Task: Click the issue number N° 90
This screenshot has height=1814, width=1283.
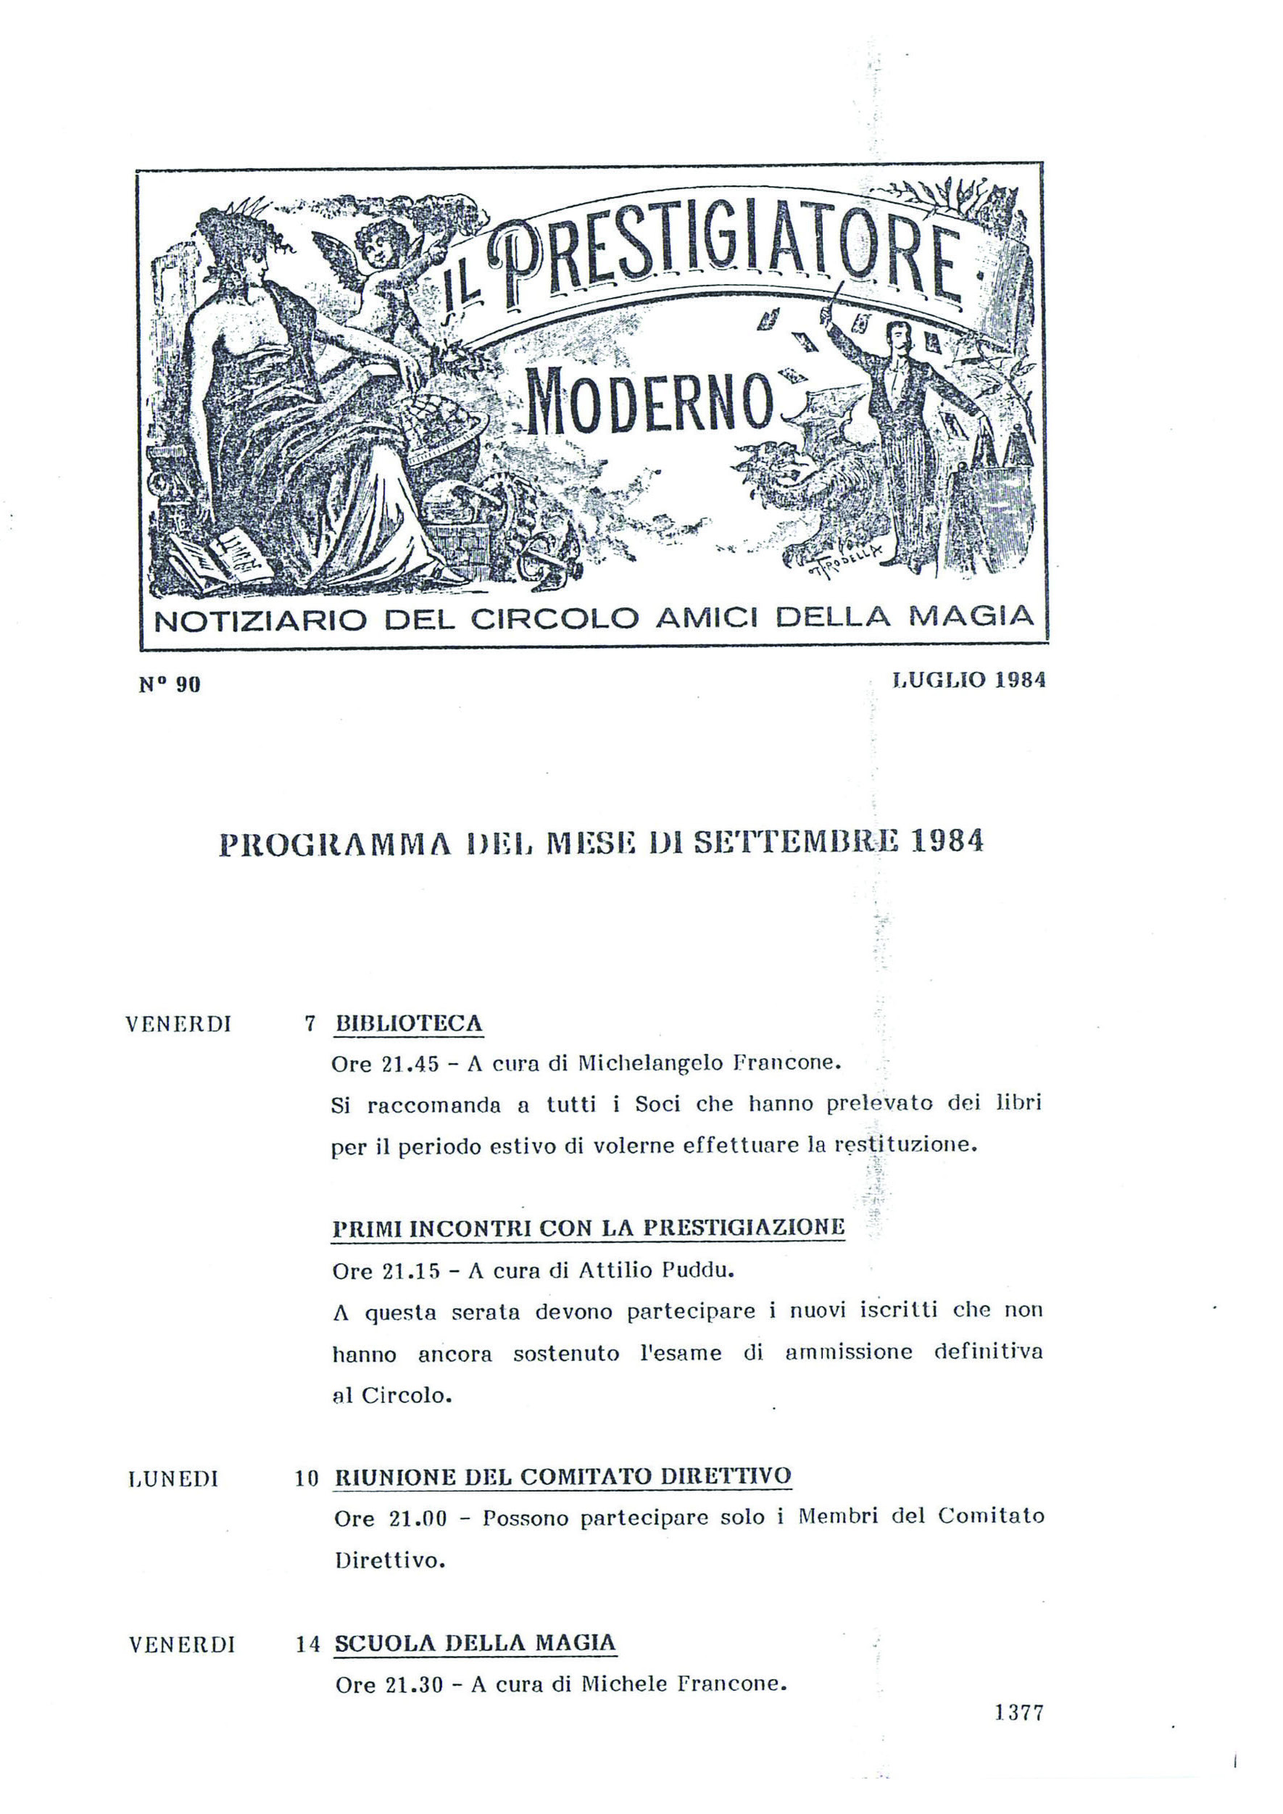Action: coord(170,684)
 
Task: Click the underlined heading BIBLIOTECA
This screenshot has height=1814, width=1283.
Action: coord(408,1024)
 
